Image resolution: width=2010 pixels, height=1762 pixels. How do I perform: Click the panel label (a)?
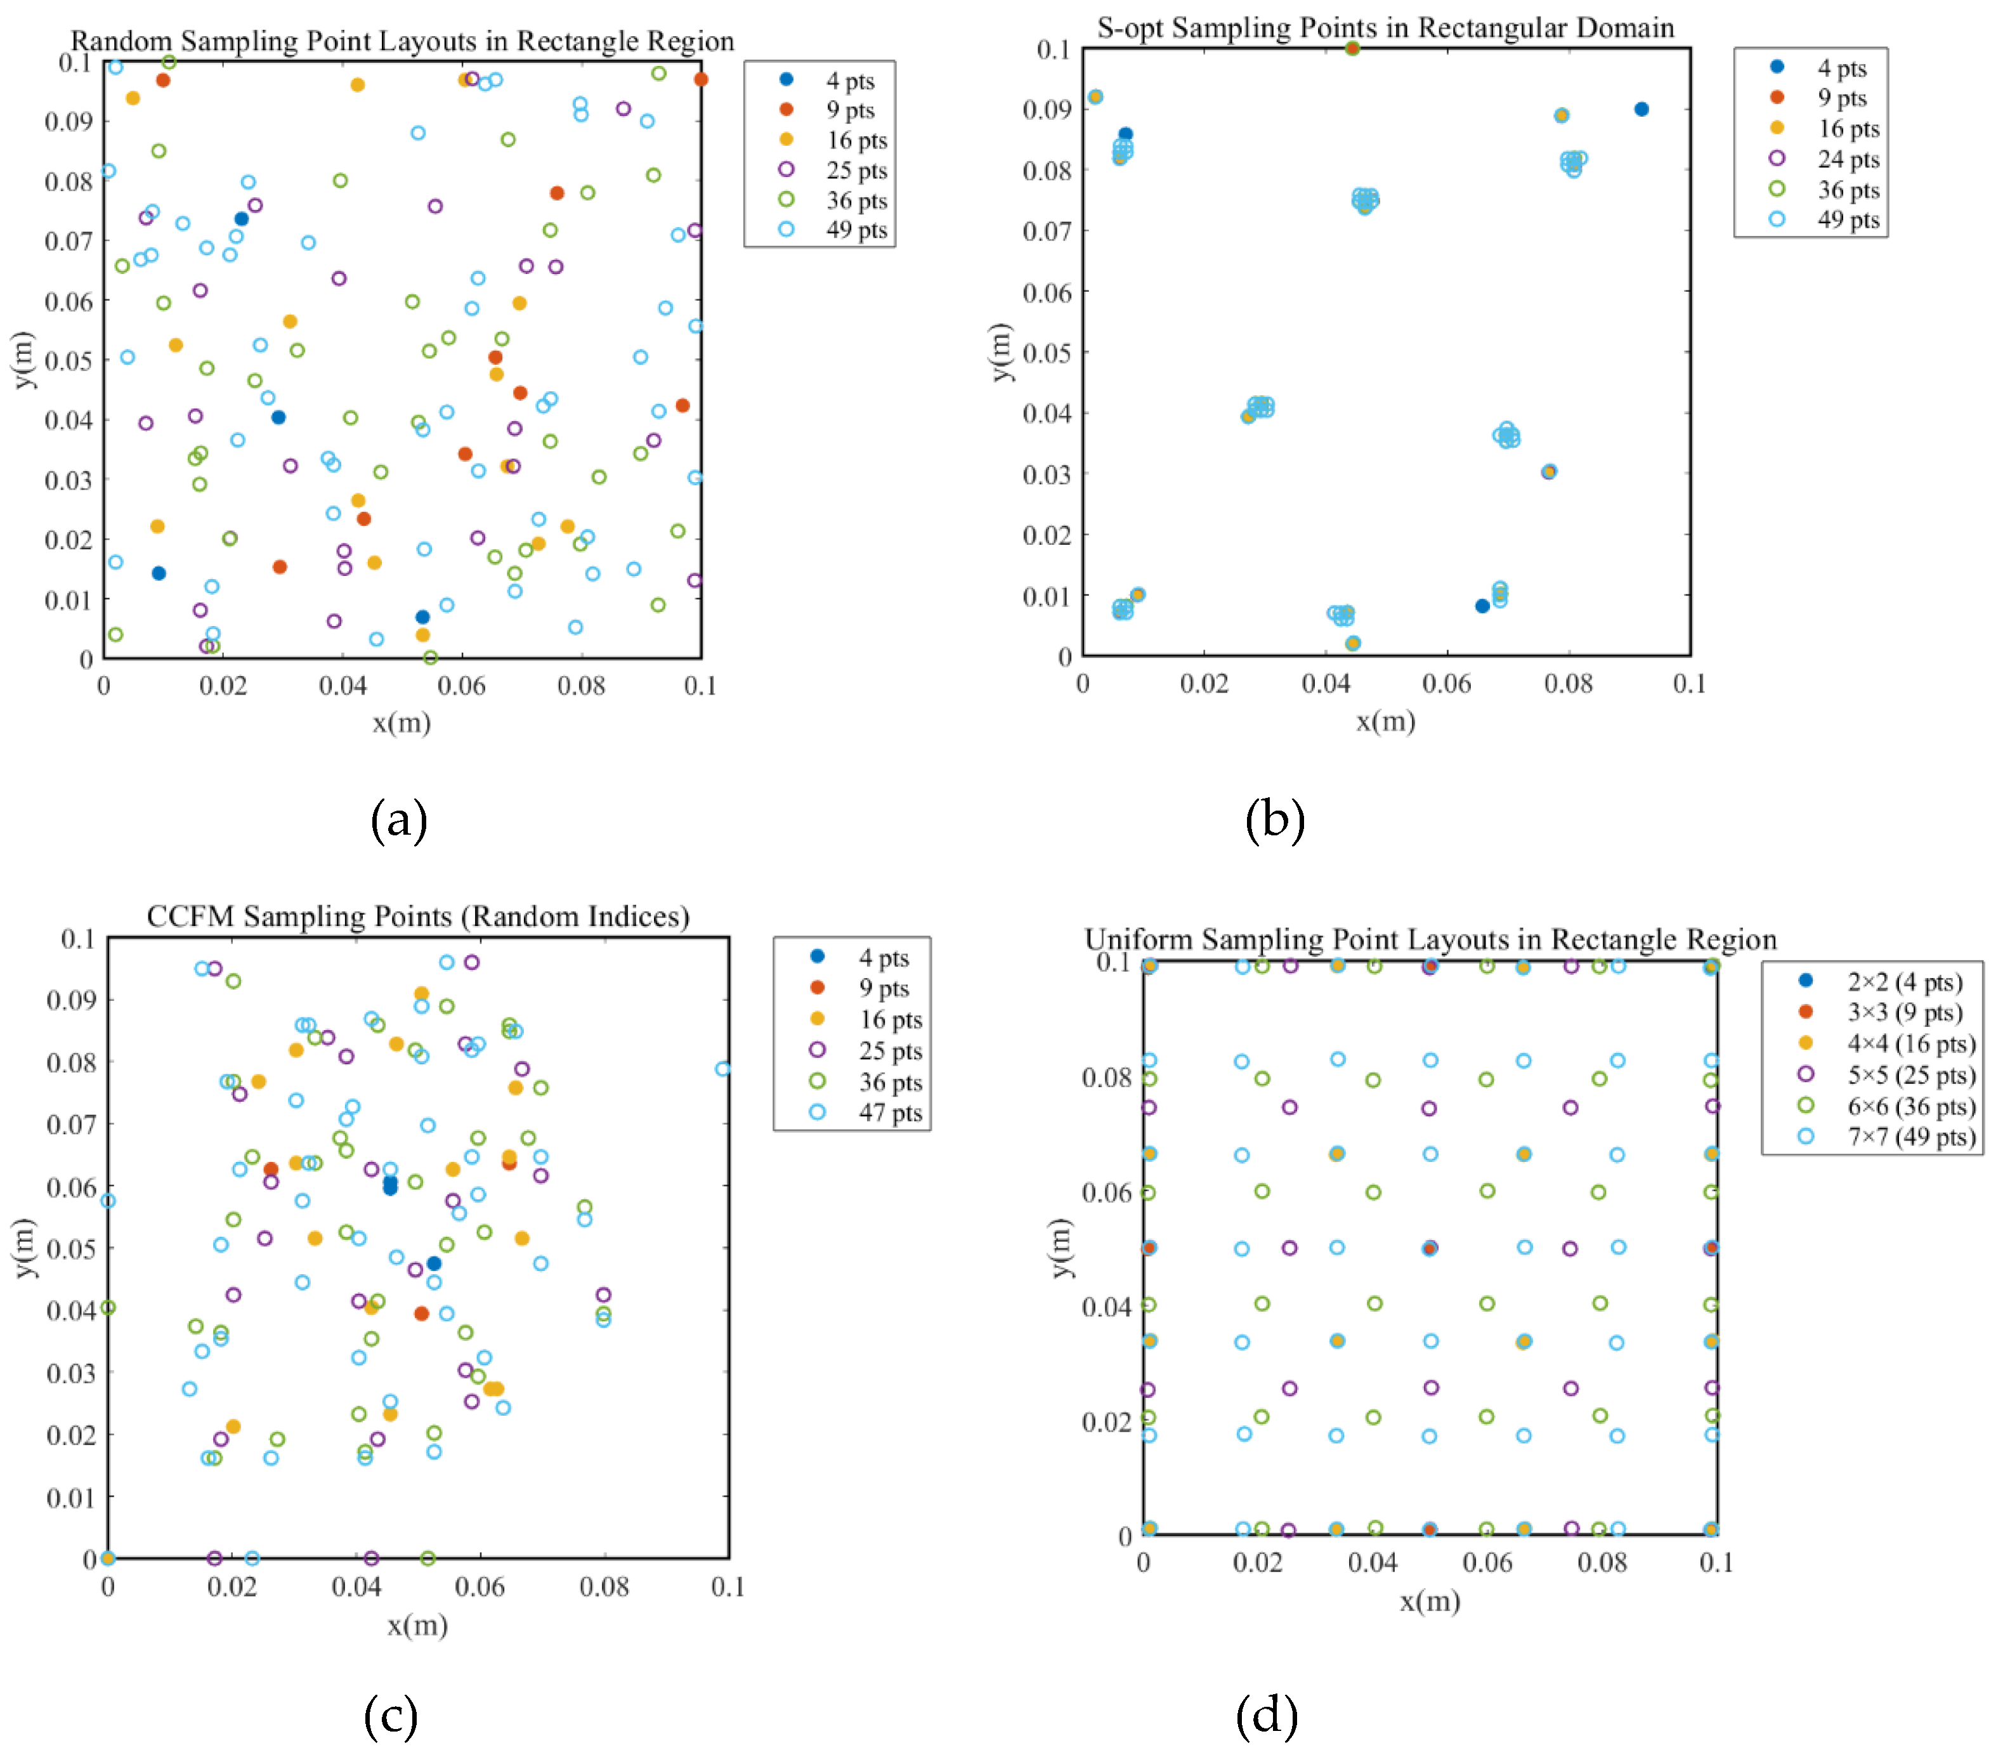pos(398,819)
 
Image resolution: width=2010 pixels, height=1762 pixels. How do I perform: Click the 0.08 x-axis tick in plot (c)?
pos(604,1586)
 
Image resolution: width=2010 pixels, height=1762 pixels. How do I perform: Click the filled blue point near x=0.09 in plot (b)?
pos(1641,109)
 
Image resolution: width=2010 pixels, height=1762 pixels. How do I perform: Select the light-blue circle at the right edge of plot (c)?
pos(723,1069)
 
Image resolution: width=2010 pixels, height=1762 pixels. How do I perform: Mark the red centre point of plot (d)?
pos(1430,1248)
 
